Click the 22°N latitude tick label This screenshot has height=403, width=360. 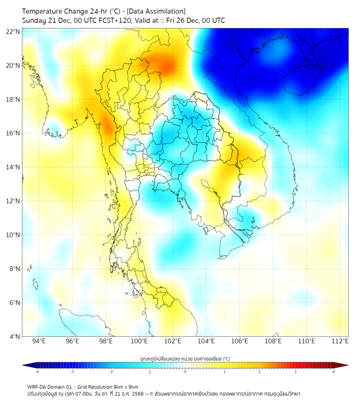(x=13, y=31)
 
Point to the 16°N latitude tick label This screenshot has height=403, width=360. (x=13, y=133)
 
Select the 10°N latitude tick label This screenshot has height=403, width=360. (x=13, y=235)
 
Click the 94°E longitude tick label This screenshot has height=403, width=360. (x=39, y=341)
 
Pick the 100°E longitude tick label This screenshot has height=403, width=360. (x=139, y=341)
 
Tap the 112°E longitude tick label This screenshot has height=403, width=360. (x=340, y=341)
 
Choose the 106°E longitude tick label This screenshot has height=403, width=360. (x=240, y=341)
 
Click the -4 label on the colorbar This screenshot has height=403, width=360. (x=36, y=372)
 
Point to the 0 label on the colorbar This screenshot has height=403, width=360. (x=185, y=372)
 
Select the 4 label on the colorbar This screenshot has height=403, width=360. (x=333, y=372)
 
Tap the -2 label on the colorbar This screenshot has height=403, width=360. (x=111, y=372)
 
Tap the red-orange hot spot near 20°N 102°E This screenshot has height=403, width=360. (x=167, y=67)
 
